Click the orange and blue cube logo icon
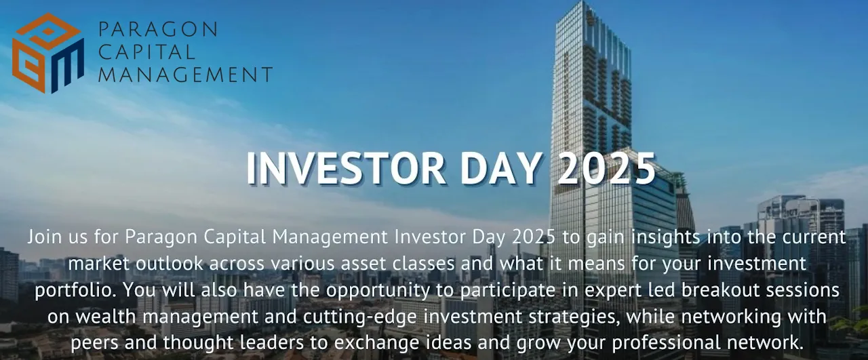point(48,53)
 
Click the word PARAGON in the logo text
point(158,29)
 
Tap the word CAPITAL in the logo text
point(147,52)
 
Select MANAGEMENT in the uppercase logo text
point(186,75)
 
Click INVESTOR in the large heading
point(346,169)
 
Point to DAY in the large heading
point(500,169)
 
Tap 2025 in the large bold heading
point(606,169)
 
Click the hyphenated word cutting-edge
point(360,317)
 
